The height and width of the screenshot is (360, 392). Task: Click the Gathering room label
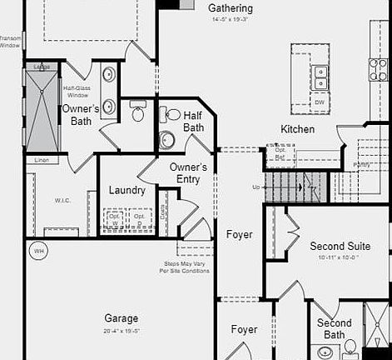pyautogui.click(x=231, y=8)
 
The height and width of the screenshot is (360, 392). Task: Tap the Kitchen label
pyautogui.click(x=297, y=129)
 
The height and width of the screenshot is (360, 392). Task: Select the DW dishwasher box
pyautogui.click(x=320, y=102)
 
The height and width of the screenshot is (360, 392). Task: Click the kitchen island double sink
pyautogui.click(x=320, y=78)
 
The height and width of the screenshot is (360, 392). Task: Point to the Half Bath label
pyautogui.click(x=193, y=122)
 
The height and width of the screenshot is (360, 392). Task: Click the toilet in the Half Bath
pyautogui.click(x=167, y=138)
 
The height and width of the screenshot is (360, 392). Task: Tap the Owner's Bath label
pyautogui.click(x=81, y=115)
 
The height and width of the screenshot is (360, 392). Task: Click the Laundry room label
pyautogui.click(x=127, y=191)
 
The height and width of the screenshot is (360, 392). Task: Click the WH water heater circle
pyautogui.click(x=37, y=249)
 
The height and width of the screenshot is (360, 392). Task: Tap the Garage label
pyautogui.click(x=122, y=318)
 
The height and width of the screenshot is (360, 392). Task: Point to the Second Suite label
pyautogui.click(x=340, y=247)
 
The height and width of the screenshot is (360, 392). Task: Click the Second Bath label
pyautogui.click(x=334, y=328)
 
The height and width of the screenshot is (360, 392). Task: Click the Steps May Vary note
pyautogui.click(x=186, y=267)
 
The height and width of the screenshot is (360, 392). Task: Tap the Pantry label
pyautogui.click(x=361, y=164)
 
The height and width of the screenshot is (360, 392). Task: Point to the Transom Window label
pyautogui.click(x=10, y=41)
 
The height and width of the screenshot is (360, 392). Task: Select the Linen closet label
pyautogui.click(x=42, y=159)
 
